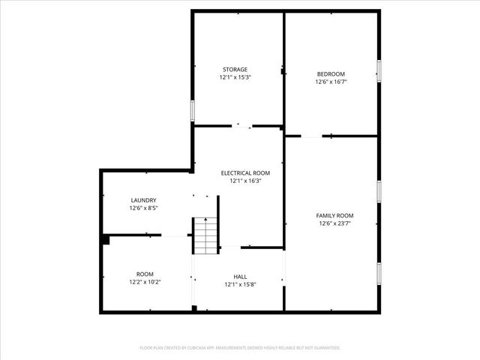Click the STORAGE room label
[234, 69]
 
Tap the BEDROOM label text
[331, 73]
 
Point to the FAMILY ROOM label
[334, 215]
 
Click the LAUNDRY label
[143, 200]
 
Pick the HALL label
[240, 277]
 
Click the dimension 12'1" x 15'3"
[234, 77]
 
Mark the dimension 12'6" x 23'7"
[334, 223]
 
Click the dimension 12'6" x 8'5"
[143, 208]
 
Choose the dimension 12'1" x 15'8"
[240, 284]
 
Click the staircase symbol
[205, 235]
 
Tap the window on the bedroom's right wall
[379, 70]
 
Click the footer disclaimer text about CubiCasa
[240, 348]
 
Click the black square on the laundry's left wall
[106, 240]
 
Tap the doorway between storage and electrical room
[242, 126]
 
